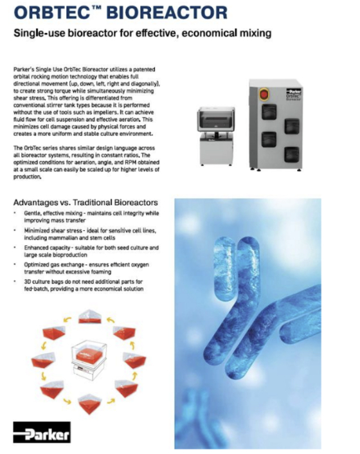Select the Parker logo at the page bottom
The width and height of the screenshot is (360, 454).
click(x=42, y=432)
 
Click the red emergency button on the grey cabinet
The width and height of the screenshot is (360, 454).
click(x=264, y=95)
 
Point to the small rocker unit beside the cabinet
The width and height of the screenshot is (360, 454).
click(x=216, y=136)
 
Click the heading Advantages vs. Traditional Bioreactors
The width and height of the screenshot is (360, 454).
click(x=85, y=203)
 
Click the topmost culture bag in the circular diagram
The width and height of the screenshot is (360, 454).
click(x=90, y=317)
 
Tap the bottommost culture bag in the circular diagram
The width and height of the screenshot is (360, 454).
click(x=90, y=404)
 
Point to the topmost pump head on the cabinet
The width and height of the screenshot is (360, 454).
click(x=269, y=111)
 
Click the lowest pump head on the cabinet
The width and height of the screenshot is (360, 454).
click(x=292, y=154)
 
